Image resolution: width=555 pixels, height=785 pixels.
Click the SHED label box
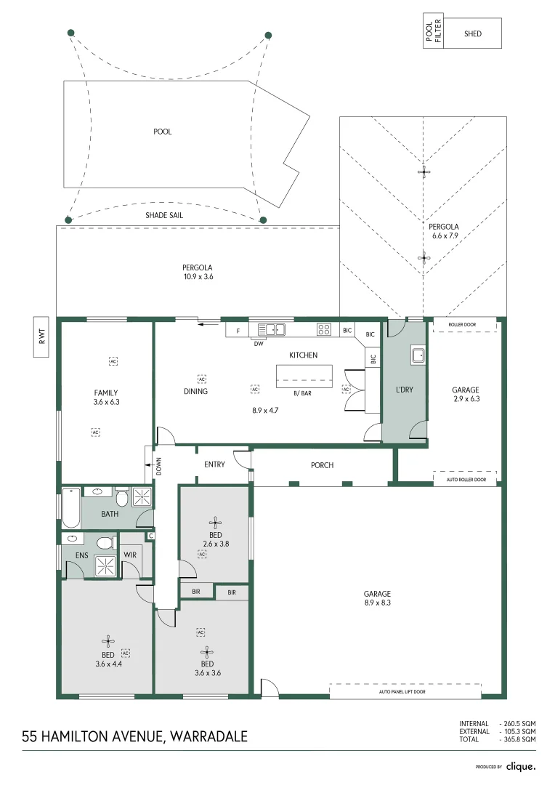click(472, 33)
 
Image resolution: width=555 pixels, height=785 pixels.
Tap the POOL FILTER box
click(433, 33)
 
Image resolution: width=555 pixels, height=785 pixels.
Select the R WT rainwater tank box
click(41, 337)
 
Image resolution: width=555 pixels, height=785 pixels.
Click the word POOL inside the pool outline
click(163, 132)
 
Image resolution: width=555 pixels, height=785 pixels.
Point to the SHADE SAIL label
click(163, 215)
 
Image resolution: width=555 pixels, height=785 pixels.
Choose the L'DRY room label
click(404, 390)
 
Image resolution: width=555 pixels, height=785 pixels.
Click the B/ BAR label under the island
click(303, 393)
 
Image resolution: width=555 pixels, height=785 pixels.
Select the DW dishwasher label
click(258, 344)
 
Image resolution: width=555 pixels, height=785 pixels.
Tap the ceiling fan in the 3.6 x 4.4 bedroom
click(108, 641)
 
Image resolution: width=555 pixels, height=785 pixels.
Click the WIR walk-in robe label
click(130, 555)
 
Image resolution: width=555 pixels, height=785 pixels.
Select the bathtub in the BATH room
click(70, 507)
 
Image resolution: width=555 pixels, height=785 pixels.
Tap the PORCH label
click(322, 465)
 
